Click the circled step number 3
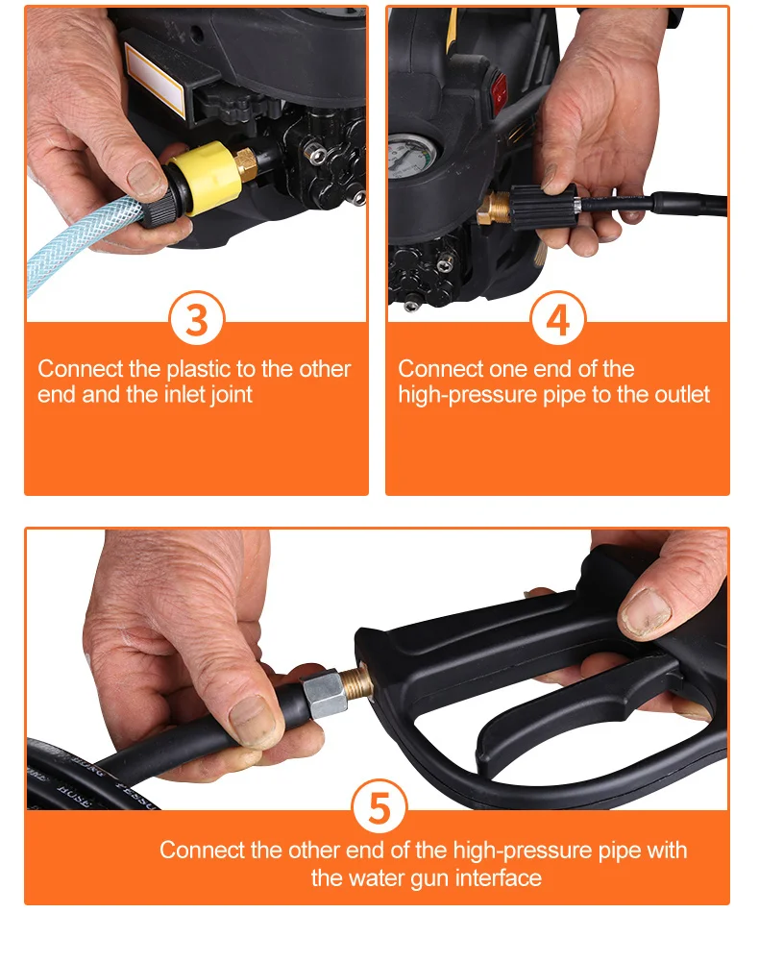(197, 319)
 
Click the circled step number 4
(557, 319)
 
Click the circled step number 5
(379, 807)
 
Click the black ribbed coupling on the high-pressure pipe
(543, 208)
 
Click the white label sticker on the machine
(155, 81)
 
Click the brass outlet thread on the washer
(494, 208)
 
